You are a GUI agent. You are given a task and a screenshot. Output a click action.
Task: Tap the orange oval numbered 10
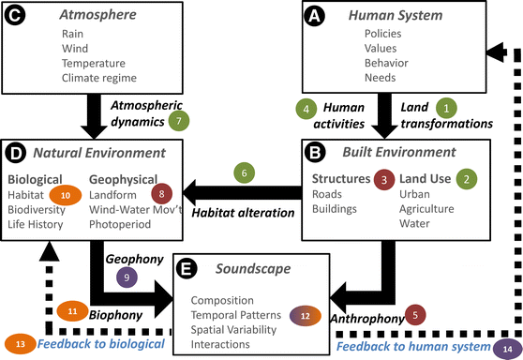[x=66, y=194]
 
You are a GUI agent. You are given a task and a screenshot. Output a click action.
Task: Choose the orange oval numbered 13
[x=20, y=344]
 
